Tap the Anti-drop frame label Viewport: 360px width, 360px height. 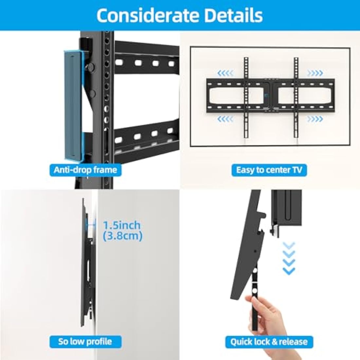click(85, 170)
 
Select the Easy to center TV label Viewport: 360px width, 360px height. click(269, 170)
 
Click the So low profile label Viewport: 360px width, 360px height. click(85, 342)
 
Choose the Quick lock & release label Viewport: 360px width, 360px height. click(269, 342)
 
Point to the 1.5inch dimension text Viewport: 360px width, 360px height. click(122, 225)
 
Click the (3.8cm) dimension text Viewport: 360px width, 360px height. click(122, 236)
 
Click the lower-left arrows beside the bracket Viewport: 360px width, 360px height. click(225, 119)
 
